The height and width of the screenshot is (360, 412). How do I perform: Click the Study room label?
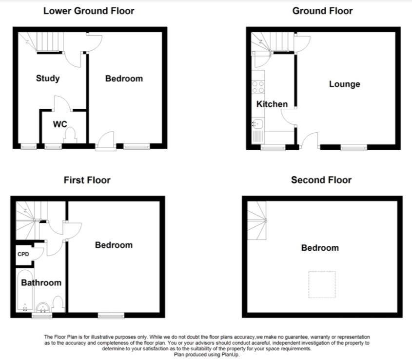(x=48, y=79)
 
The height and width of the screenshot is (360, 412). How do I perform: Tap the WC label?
(x=60, y=124)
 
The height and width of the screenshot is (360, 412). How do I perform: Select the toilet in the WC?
(x=70, y=135)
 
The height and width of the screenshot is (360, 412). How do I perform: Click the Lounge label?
(x=345, y=84)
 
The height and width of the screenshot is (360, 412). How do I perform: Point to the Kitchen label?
(x=272, y=104)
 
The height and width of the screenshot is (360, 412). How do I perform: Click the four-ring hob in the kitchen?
(x=258, y=87)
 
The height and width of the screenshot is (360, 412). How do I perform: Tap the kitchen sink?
(x=258, y=123)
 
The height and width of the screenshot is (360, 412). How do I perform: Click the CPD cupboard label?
(x=23, y=254)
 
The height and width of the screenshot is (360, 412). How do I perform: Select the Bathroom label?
(x=41, y=283)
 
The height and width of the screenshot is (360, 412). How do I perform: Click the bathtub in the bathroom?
(x=24, y=290)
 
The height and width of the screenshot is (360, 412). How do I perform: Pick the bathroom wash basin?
(x=42, y=307)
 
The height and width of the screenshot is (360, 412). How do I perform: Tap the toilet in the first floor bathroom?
(x=59, y=304)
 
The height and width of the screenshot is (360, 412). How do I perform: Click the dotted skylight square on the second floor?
(x=322, y=284)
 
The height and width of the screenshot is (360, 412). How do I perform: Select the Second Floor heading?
(x=321, y=180)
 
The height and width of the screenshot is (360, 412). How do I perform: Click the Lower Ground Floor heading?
(x=89, y=11)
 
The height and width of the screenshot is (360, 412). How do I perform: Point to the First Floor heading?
(x=87, y=180)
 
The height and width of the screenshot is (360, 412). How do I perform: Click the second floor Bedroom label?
(x=320, y=248)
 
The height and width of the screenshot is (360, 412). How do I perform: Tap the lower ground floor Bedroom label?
(x=124, y=79)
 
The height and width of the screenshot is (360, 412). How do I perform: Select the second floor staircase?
(x=257, y=220)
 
